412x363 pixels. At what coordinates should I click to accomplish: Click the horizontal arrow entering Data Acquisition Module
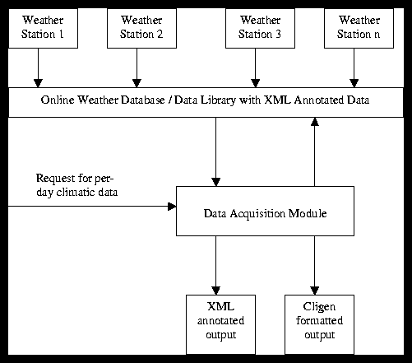tap(90, 207)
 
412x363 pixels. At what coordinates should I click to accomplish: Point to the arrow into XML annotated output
tap(215, 264)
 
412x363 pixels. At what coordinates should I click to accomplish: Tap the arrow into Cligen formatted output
tap(313, 264)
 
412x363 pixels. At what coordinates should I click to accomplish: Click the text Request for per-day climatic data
tap(76, 185)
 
